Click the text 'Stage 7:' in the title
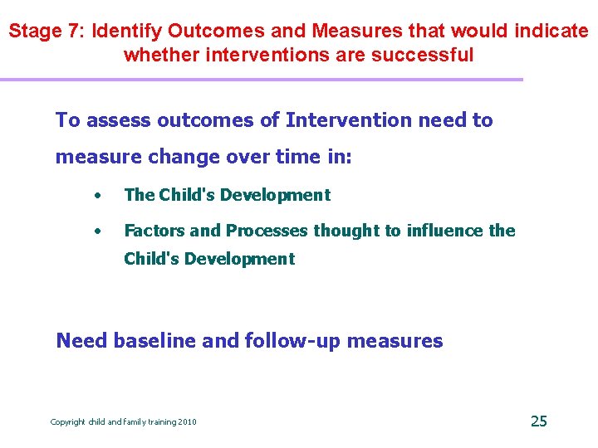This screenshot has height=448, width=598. [x=47, y=32]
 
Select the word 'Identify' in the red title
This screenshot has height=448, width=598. [x=126, y=32]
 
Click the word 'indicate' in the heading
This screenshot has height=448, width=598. [x=551, y=32]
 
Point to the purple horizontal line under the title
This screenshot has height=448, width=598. [x=262, y=80]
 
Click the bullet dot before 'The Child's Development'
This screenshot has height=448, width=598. [x=98, y=196]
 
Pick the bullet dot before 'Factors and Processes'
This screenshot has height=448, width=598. [x=98, y=231]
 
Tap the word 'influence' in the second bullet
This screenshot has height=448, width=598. [x=444, y=231]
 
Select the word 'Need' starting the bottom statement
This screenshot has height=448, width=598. [x=81, y=340]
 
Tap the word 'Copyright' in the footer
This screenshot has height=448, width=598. [x=68, y=422]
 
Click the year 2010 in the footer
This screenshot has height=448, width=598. [x=188, y=422]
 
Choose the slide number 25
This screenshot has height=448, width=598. [x=538, y=421]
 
